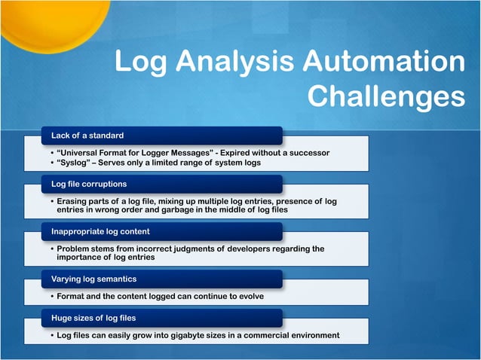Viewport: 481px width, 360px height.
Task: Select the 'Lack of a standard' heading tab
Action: click(87, 136)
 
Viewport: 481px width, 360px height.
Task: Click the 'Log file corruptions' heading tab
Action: click(88, 184)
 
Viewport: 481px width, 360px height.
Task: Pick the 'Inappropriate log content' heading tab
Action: click(100, 231)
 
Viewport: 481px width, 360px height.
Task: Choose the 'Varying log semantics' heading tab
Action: click(93, 279)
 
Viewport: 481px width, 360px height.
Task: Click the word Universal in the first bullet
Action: click(81, 154)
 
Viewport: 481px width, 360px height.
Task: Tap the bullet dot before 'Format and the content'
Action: click(51, 296)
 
